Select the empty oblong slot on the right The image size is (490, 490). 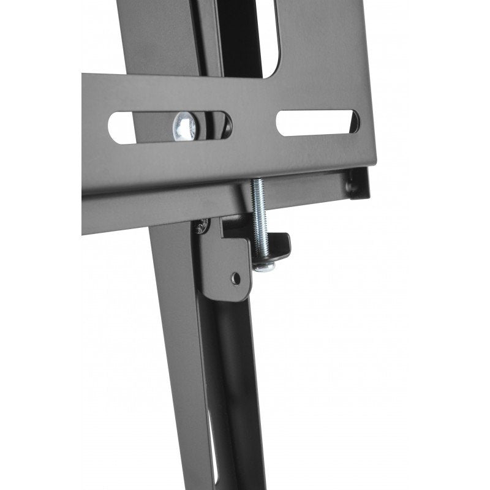click(x=317, y=123)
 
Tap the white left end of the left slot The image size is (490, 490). click(x=121, y=127)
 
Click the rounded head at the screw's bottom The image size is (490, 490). click(x=263, y=266)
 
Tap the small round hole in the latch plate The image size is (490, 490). click(x=236, y=278)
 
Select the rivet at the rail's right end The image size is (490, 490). click(x=352, y=184)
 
